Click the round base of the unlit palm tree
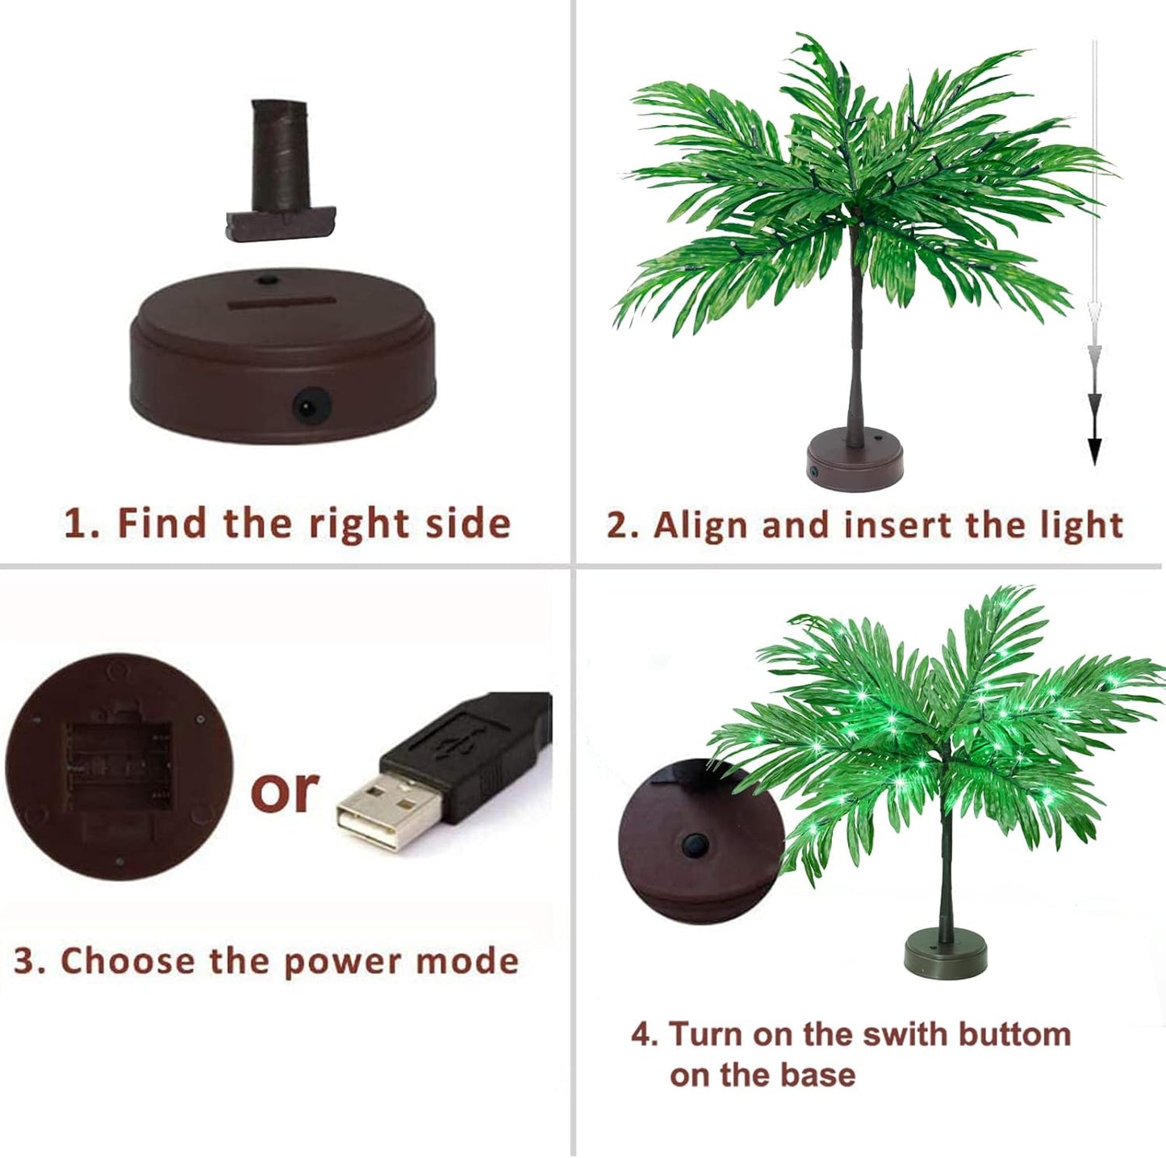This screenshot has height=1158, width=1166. (854, 460)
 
